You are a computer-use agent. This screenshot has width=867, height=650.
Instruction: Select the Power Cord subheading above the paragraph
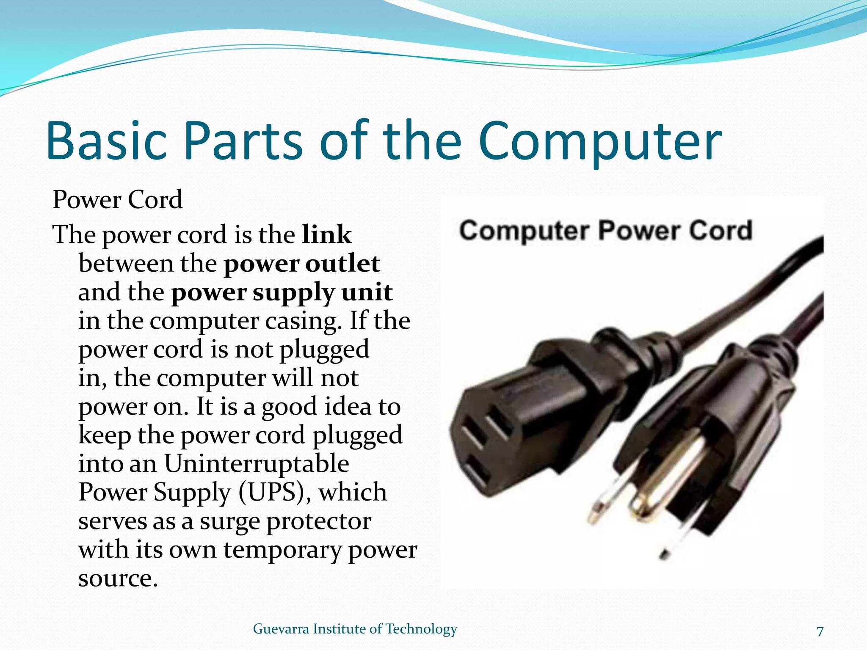[117, 200]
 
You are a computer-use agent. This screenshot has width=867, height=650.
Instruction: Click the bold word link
[326, 234]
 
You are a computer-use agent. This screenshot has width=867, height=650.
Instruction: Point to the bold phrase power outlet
[301, 264]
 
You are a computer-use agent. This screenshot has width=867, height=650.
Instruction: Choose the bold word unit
[367, 292]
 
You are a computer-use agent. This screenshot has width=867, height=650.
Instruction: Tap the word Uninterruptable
[257, 464]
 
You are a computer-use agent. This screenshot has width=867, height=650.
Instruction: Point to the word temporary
[282, 550]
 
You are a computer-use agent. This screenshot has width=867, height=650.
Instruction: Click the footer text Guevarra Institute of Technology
[355, 629]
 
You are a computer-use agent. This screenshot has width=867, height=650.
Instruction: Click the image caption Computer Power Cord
[605, 231]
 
